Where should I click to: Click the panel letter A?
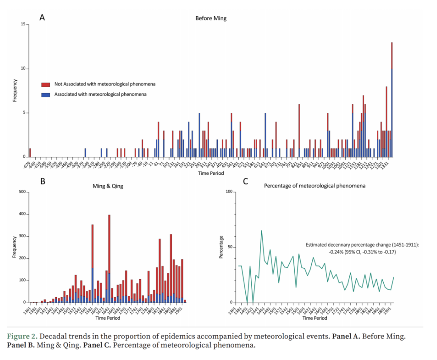click(x=42, y=18)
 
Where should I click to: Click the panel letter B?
click(x=42, y=182)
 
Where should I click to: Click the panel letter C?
click(x=245, y=182)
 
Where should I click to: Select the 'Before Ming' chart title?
click(x=211, y=19)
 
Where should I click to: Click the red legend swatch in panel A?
click(x=46, y=84)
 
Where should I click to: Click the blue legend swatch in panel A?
click(x=46, y=94)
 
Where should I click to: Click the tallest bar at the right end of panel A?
click(x=392, y=99)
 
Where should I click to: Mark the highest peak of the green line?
click(x=261, y=231)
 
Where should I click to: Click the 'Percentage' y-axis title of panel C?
click(x=221, y=248)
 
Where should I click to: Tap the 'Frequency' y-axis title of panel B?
click(x=14, y=248)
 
